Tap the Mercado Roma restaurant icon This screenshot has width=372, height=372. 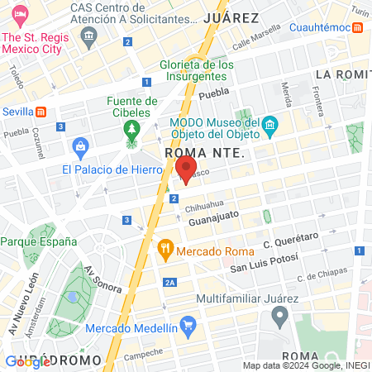[166, 246]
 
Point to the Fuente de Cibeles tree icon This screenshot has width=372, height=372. [130, 129]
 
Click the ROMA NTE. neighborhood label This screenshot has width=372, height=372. [203, 153]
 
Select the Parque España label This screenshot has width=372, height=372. [38, 242]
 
